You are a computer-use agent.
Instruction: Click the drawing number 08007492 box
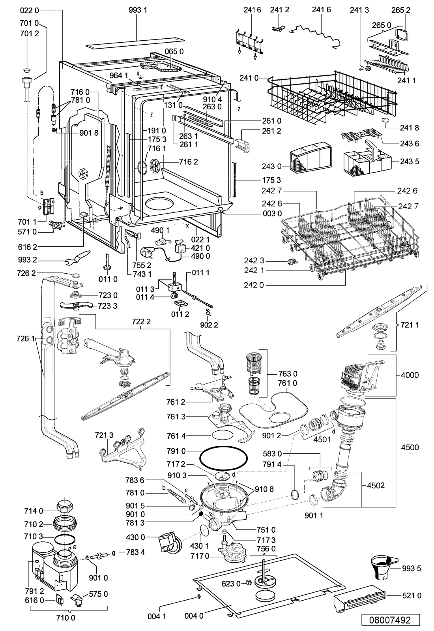click(x=389, y=620)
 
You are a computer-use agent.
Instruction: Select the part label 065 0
click(x=174, y=51)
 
